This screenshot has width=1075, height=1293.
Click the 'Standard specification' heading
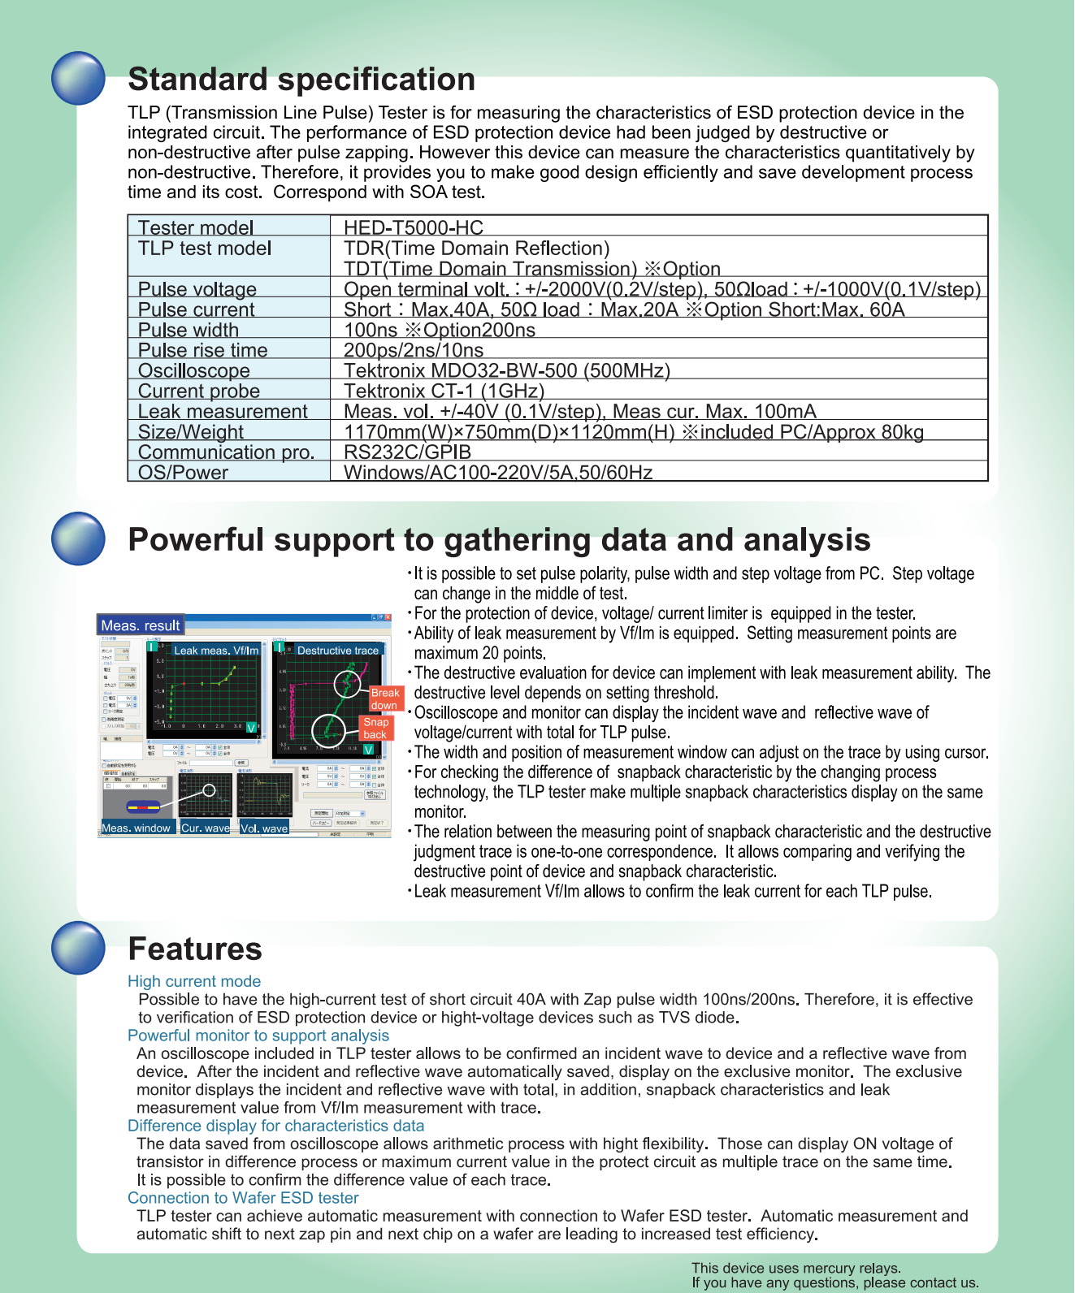pyautogui.click(x=301, y=80)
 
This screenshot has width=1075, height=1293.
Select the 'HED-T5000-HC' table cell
pyautogui.click(x=413, y=227)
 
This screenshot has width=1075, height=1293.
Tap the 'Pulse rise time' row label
pyautogui.click(x=202, y=350)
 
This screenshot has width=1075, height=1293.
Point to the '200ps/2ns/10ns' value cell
pyautogui.click(x=413, y=350)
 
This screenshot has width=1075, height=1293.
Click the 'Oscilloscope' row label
pyautogui.click(x=193, y=370)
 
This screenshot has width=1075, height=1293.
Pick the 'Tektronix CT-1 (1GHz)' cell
pyautogui.click(x=444, y=391)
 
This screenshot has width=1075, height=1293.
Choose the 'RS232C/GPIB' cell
pyautogui.click(x=407, y=452)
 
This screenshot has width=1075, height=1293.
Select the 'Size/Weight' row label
pyautogui.click(x=190, y=431)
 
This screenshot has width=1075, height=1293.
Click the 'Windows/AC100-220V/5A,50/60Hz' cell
pyautogui.click(x=497, y=472)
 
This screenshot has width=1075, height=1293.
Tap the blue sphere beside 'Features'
pyautogui.click(x=78, y=947)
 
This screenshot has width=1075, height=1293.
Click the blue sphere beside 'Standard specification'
pyautogui.click(x=78, y=78)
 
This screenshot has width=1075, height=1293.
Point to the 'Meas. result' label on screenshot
pyautogui.click(x=140, y=625)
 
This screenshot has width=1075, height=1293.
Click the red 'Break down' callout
pyautogui.click(x=384, y=698)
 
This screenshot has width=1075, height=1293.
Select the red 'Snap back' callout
pyautogui.click(x=375, y=728)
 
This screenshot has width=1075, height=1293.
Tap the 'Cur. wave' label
pyautogui.click(x=205, y=828)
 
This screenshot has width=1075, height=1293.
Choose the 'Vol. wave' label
pyautogui.click(x=264, y=828)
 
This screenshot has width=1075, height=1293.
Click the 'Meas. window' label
pyautogui.click(x=136, y=828)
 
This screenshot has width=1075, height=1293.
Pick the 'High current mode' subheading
pyautogui.click(x=194, y=981)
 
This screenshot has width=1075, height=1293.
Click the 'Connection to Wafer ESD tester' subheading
pyautogui.click(x=243, y=1198)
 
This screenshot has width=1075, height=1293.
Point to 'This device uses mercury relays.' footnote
pyautogui.click(x=796, y=1268)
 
